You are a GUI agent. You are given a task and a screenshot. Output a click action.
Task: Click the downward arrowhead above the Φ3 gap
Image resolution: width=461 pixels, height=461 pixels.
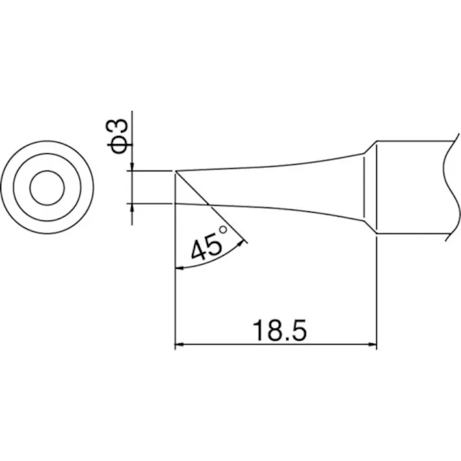pyautogui.click(x=132, y=167)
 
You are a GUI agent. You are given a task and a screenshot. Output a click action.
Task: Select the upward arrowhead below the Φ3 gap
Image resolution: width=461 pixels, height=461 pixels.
pyautogui.click(x=132, y=208)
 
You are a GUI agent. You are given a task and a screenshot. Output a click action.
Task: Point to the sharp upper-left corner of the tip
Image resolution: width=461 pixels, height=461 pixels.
pyautogui.click(x=176, y=171)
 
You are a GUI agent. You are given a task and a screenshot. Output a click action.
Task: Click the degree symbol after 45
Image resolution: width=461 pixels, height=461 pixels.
pyautogui.click(x=224, y=230)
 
